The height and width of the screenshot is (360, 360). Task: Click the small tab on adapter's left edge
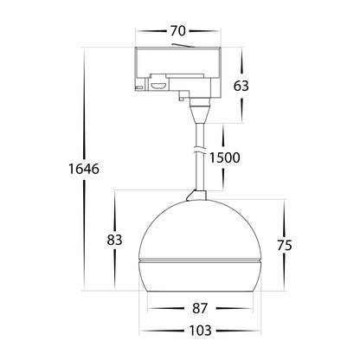click(136, 86)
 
